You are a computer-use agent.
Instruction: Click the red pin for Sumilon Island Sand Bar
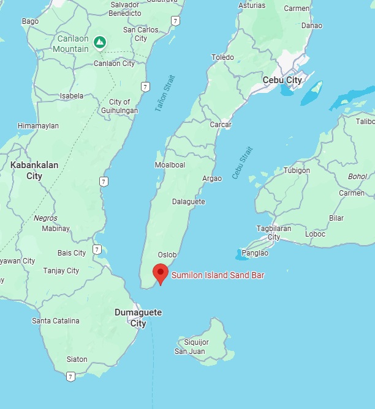[161, 273]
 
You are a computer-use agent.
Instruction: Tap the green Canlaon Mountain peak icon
[100, 42]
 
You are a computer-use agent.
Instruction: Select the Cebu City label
[282, 80]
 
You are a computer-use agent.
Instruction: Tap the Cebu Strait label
[242, 163]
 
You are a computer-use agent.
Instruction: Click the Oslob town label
[167, 255]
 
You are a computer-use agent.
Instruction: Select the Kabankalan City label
[26, 170]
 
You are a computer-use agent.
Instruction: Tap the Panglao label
[256, 252]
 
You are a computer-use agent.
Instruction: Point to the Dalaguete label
[188, 202]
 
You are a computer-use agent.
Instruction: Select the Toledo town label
[222, 57]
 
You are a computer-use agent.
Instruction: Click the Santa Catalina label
[56, 321]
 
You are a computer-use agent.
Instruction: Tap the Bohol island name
[357, 177]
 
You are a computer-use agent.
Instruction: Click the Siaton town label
[77, 359]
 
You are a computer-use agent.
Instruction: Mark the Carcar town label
[220, 125]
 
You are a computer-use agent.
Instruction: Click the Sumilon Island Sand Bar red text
[218, 276]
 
